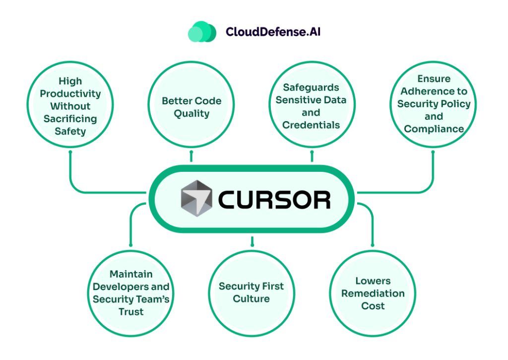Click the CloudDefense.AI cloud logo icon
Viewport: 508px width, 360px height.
(x=202, y=32)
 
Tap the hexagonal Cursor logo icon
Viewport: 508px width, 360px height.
(x=195, y=199)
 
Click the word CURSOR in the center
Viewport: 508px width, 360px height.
(x=274, y=200)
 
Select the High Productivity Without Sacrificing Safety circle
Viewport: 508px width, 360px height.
(x=70, y=106)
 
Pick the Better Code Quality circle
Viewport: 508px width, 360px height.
(x=191, y=107)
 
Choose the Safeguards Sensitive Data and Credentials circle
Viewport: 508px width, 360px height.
(x=311, y=106)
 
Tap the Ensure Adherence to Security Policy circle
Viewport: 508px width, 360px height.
(x=433, y=104)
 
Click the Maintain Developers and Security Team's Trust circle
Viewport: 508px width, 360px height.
(x=131, y=293)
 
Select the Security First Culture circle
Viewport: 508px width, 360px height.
(x=252, y=293)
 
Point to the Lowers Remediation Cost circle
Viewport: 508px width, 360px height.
(x=373, y=293)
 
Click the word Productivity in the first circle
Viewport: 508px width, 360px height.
(x=70, y=93)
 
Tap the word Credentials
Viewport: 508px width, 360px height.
(x=311, y=125)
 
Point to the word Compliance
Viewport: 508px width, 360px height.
(x=434, y=129)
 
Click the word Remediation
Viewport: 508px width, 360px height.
(x=373, y=293)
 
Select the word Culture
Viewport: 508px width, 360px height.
(x=252, y=299)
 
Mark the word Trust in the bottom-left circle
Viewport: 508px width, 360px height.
(x=131, y=312)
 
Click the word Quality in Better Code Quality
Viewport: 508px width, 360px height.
(x=191, y=114)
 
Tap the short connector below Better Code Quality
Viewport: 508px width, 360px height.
(x=191, y=157)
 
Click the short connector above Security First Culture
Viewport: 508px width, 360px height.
(x=252, y=242)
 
